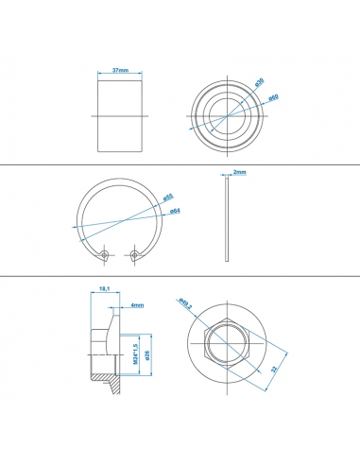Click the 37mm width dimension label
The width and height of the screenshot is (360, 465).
coord(120,70)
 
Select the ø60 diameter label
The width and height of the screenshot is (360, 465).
coord(271,97)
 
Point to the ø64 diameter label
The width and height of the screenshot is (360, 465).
coord(176,211)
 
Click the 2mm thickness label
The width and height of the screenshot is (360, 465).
coord(240,173)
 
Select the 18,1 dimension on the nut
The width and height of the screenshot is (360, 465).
coord(102,290)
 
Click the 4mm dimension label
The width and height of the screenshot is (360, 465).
coord(137,305)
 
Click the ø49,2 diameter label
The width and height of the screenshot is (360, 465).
coord(184,304)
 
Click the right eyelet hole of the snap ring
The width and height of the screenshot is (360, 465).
coord(138,253)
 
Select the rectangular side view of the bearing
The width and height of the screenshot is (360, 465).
coord(120,115)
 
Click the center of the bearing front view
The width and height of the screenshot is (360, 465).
coord(224,115)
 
